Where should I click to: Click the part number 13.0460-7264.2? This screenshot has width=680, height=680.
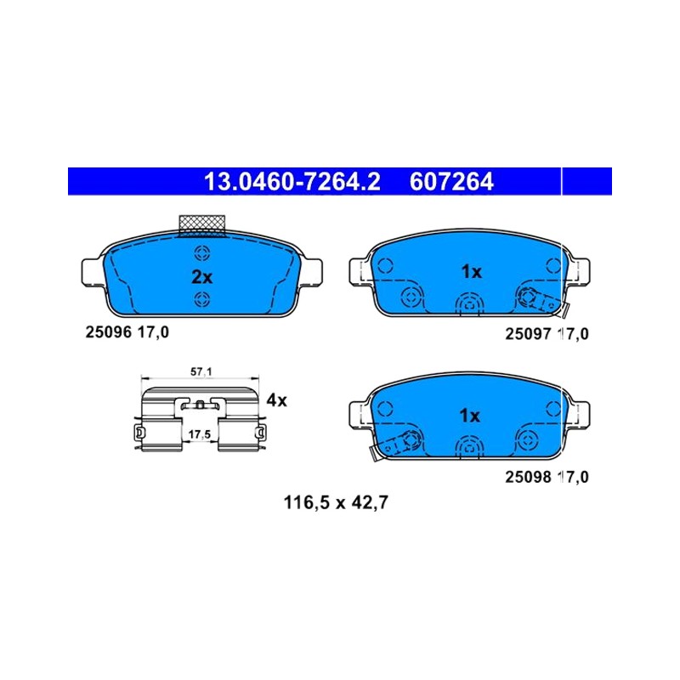point(292,181)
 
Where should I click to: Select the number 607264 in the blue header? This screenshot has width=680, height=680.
point(451,181)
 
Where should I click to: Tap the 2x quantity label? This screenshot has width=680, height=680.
point(202,277)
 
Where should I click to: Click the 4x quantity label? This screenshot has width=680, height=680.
point(277,400)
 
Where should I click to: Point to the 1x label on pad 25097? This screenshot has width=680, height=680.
point(472,272)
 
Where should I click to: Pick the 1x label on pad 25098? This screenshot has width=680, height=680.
point(470,416)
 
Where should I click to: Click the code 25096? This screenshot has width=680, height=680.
point(108,332)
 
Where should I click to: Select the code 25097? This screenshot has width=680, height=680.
point(528,334)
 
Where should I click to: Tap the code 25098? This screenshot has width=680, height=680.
point(528,477)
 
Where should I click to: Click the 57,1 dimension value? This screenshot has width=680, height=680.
point(201,371)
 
